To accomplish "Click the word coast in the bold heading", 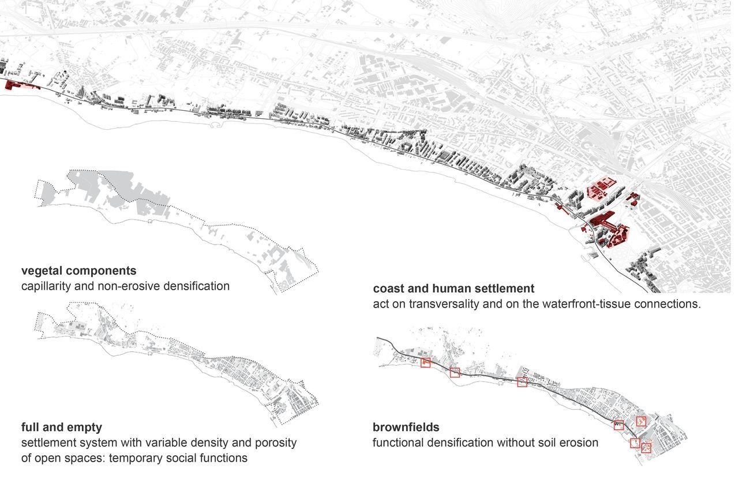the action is pyautogui.click(x=387, y=288).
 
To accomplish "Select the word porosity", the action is pyautogui.click(x=276, y=443).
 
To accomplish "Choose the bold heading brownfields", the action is pyautogui.click(x=406, y=427).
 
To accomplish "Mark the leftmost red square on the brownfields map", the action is pyautogui.click(x=425, y=362).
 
